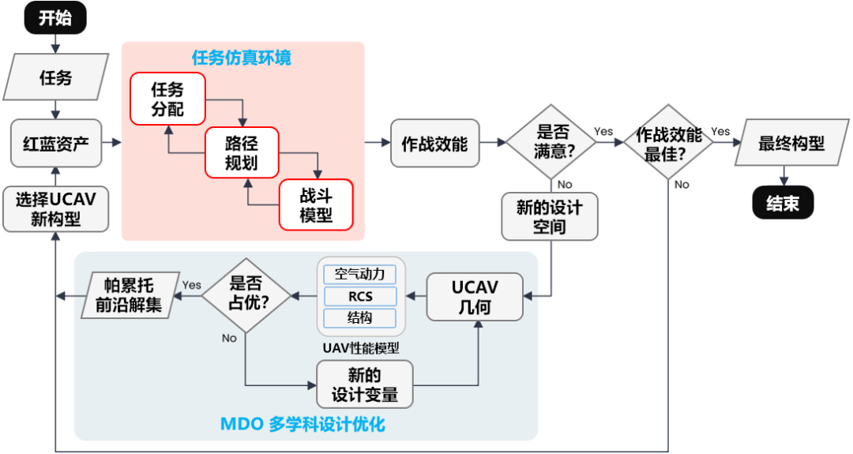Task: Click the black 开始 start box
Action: [55, 17]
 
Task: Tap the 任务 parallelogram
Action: [55, 77]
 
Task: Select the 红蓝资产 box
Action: [55, 144]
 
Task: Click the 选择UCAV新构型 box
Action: [55, 209]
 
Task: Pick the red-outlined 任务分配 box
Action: [167, 99]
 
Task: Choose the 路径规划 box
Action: [242, 152]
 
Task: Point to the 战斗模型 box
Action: [315, 204]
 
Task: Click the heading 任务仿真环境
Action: [242, 58]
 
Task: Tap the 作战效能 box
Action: [434, 144]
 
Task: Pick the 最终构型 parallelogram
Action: [791, 144]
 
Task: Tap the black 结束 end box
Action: [783, 204]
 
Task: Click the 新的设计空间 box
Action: [549, 217]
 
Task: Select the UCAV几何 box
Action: [475, 296]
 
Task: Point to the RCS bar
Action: [360, 296]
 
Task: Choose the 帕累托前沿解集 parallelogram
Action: [129, 295]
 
